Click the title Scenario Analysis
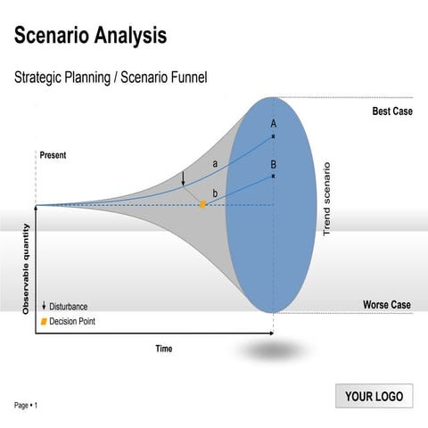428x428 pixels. tap(90, 36)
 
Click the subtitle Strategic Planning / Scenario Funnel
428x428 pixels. tap(111, 78)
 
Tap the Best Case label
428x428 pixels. tap(391, 111)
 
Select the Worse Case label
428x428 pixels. tap(387, 305)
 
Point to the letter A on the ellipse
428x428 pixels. tap(274, 123)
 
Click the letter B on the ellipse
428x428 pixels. tap(274, 164)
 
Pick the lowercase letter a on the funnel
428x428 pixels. tap(215, 163)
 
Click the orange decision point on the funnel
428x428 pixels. tap(202, 204)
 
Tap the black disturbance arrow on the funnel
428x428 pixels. tap(183, 178)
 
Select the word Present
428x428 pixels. tap(53, 155)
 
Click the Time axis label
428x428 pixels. tap(163, 349)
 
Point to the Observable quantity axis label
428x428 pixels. tap(26, 267)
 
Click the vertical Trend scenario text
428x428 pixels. tap(326, 199)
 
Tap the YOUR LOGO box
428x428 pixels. tap(374, 397)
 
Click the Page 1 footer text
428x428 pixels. tap(26, 406)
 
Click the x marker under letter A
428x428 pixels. tap(274, 136)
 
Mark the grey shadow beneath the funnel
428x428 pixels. tap(272, 350)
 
